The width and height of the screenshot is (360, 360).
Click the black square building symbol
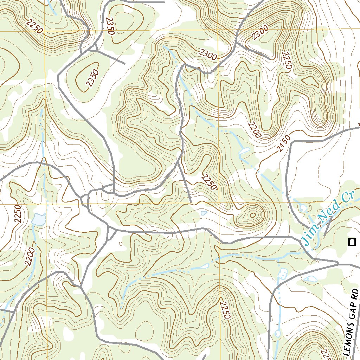(x=351, y=242)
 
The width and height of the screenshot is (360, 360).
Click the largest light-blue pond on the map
(x=38, y=219)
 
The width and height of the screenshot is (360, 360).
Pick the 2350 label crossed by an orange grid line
(x=110, y=26)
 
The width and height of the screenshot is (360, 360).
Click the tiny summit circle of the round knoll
(x=252, y=216)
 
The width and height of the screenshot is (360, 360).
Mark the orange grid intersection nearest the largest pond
(x=46, y=203)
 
